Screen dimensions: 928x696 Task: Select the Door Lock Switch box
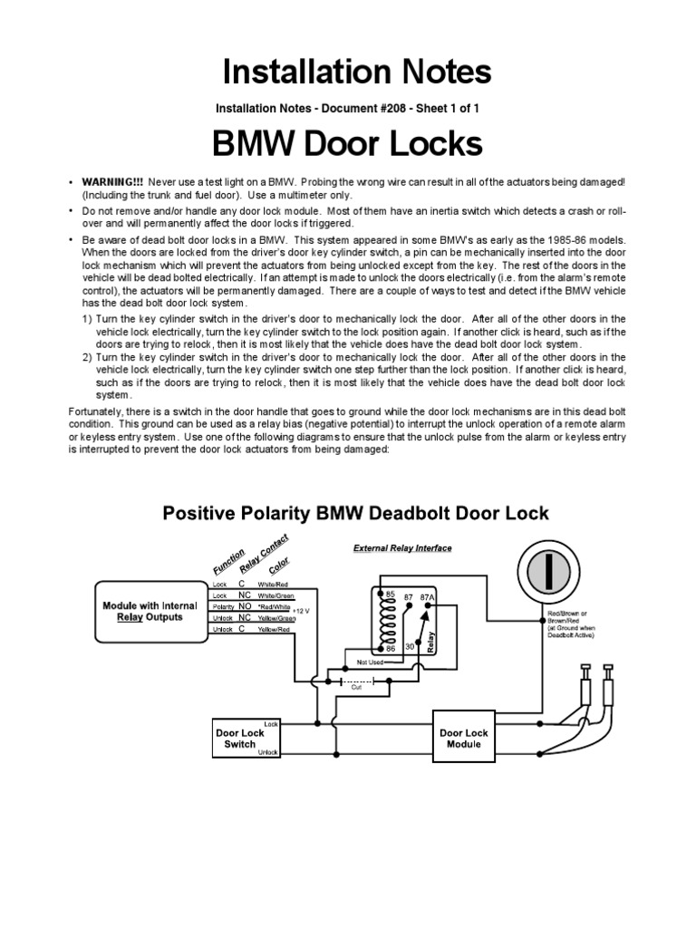(x=240, y=738)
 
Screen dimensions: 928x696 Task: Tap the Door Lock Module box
(x=464, y=738)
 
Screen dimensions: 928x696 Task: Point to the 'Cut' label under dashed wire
(x=357, y=688)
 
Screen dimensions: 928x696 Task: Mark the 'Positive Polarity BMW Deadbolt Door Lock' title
(x=354, y=513)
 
